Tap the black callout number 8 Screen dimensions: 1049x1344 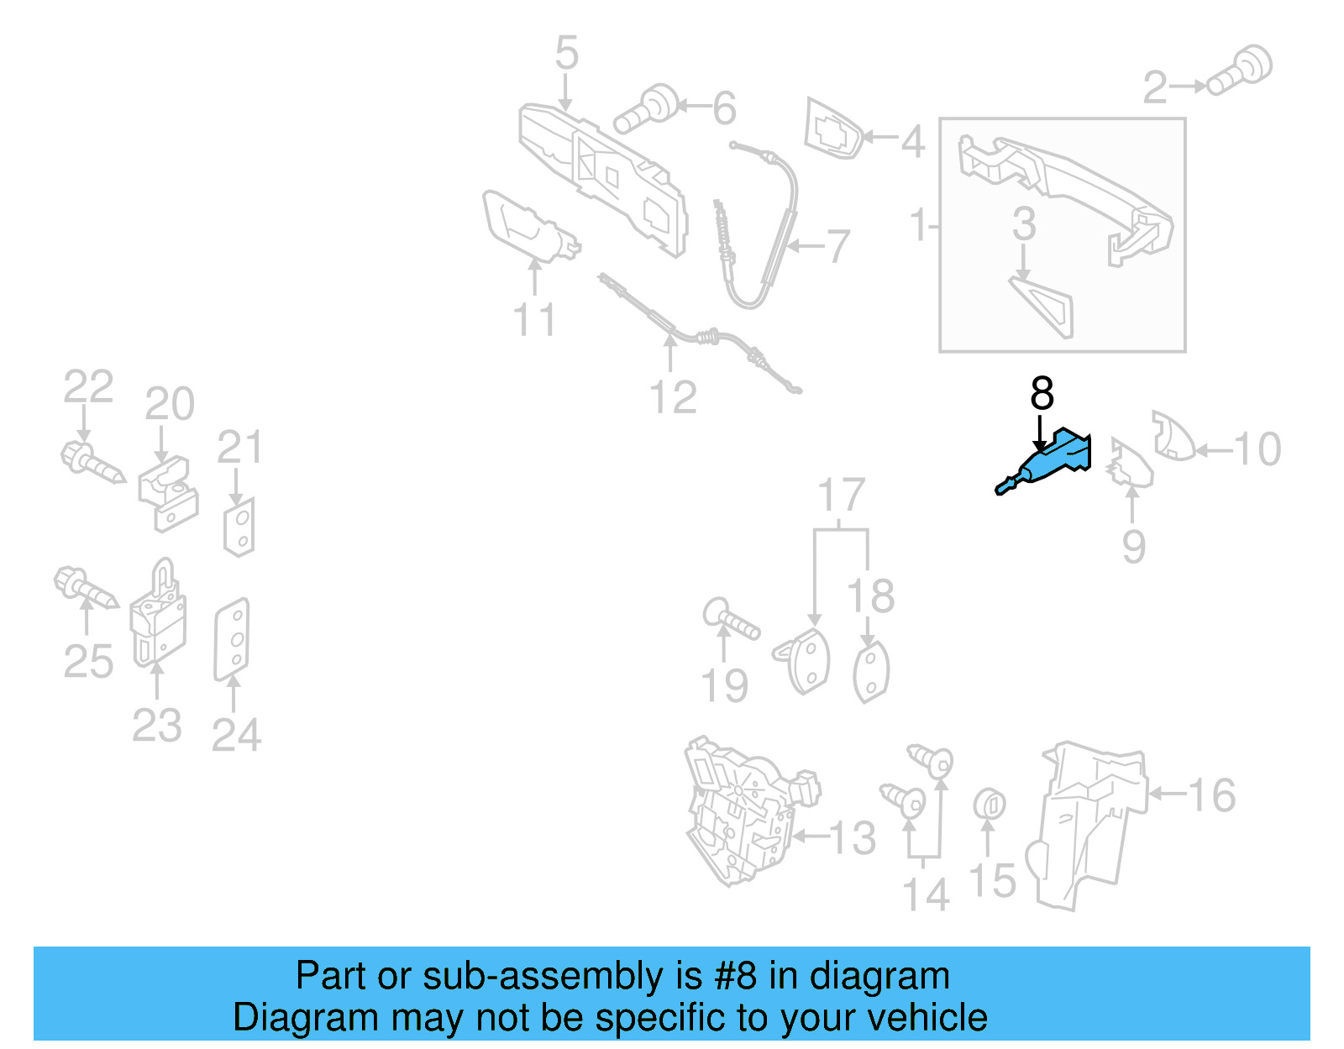pos(1042,393)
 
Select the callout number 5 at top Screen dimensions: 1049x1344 pos(567,53)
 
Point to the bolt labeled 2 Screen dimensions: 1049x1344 pos(1242,70)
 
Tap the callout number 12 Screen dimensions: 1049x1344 pos(673,397)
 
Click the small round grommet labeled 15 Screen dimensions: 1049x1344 pos(990,804)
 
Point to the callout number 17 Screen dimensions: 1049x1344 pos(841,495)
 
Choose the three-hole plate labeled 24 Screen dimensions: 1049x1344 pos(233,638)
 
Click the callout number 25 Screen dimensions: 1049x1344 pos(88,662)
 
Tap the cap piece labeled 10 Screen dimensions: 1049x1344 pos(1173,437)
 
